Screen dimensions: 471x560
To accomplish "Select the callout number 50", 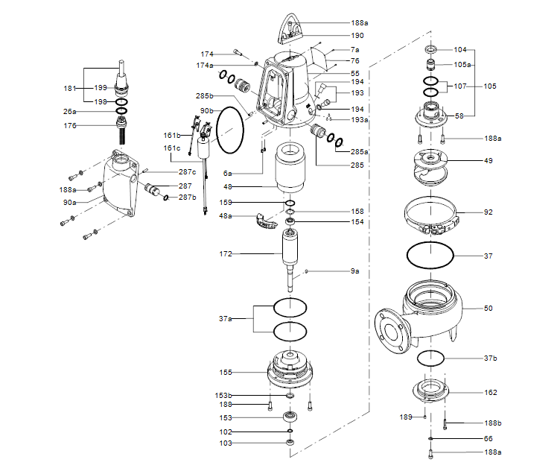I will (489, 308).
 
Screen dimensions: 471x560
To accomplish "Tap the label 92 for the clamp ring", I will (489, 212).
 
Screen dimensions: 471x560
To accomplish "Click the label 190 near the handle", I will (357, 35).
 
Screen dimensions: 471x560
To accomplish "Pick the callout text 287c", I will (188, 172).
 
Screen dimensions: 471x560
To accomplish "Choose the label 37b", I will (490, 358).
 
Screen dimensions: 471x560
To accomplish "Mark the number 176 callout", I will (70, 125).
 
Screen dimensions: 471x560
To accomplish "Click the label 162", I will (490, 393).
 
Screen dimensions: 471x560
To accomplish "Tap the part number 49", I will (489, 160).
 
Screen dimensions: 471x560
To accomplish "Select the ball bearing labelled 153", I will (290, 417).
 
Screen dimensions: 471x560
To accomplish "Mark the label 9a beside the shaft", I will (355, 271).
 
